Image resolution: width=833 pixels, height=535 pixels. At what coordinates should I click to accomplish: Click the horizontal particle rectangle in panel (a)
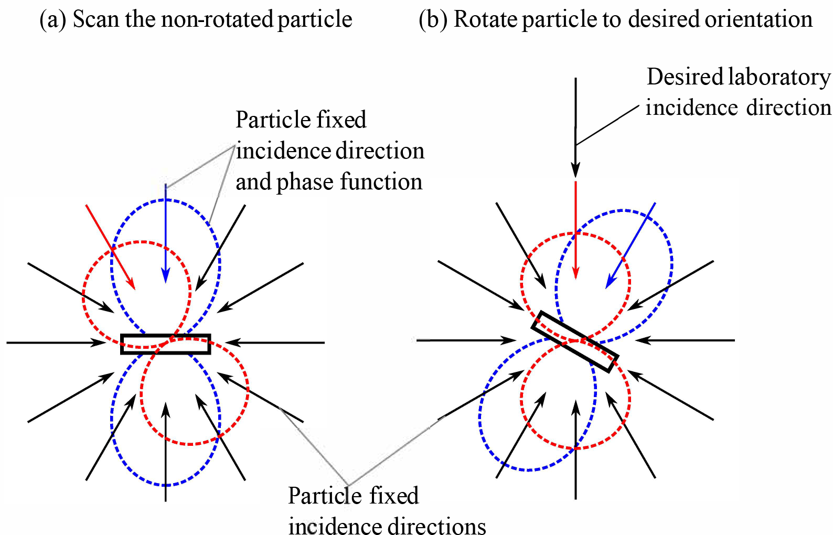click(x=165, y=344)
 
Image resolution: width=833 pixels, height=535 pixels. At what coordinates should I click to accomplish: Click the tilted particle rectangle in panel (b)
click(x=575, y=341)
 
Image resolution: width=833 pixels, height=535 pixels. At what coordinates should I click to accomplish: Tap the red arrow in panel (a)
click(x=110, y=247)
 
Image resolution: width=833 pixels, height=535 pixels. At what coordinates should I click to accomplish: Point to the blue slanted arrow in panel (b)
click(x=631, y=245)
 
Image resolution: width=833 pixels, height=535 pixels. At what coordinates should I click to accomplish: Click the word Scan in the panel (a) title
click(x=95, y=19)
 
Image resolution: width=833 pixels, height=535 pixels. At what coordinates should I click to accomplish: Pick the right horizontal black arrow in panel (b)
click(x=685, y=340)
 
